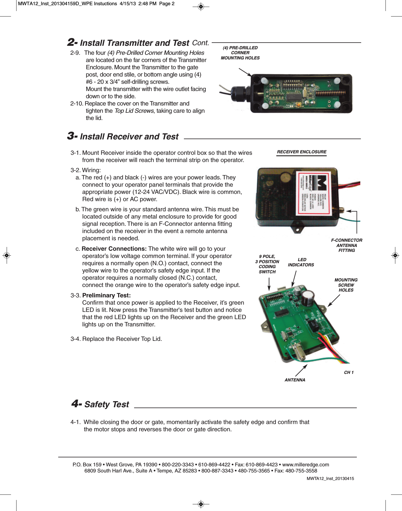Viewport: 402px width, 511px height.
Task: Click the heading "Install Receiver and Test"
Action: click(129, 137)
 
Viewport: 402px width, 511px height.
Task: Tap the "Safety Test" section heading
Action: click(106, 404)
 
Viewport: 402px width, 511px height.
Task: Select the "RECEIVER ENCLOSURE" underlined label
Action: click(301, 152)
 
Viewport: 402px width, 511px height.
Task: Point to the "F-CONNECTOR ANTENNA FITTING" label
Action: click(347, 245)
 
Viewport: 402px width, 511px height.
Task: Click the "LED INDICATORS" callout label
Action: click(301, 262)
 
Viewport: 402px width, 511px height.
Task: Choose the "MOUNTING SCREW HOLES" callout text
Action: click(346, 285)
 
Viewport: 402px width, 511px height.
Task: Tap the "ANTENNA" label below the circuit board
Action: click(295, 380)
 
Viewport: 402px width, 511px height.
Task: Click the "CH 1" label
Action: click(349, 372)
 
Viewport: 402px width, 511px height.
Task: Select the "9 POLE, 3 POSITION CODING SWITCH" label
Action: click(267, 264)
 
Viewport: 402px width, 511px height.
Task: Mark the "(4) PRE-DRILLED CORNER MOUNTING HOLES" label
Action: click(240, 53)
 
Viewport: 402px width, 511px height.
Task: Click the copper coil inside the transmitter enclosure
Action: click(330, 94)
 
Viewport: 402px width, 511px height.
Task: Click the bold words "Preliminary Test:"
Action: click(106, 295)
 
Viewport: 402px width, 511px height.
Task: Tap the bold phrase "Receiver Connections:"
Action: click(114, 249)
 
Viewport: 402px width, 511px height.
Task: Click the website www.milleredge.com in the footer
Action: click(306, 465)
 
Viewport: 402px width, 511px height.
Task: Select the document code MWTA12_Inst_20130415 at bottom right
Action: click(330, 479)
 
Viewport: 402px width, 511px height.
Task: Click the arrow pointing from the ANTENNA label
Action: click(301, 370)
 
